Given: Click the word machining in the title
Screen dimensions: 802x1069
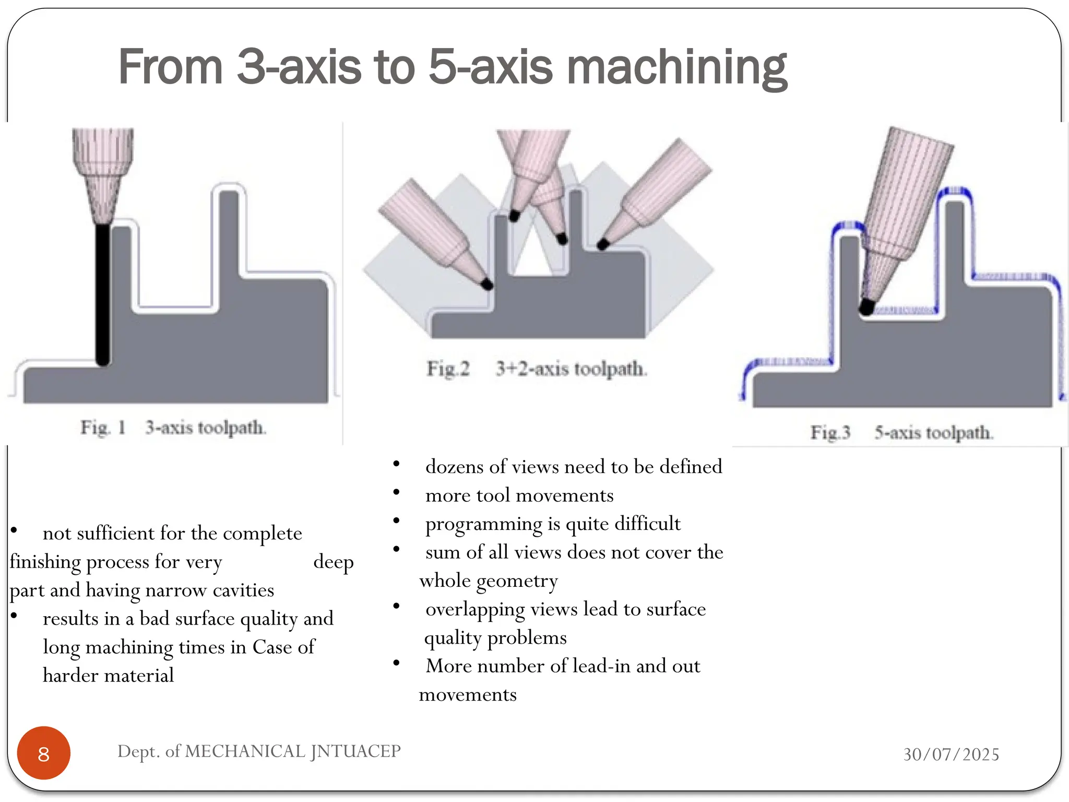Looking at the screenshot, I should click(x=676, y=68).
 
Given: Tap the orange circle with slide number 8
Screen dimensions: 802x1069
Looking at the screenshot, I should click(x=44, y=753).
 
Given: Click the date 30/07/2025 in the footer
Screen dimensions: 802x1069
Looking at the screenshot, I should click(x=951, y=754).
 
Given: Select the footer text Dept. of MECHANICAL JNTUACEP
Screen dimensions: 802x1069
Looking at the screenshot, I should click(x=259, y=751).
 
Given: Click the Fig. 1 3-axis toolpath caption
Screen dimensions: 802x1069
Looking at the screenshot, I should click(x=173, y=428).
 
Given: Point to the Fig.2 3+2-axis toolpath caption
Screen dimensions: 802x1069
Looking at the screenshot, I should click(x=537, y=369).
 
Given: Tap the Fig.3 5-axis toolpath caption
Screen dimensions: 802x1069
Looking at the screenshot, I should click(x=901, y=432).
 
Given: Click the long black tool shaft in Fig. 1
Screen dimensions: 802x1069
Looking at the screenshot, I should click(x=103, y=292).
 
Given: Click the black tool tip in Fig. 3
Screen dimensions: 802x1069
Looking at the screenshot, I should click(x=866, y=307).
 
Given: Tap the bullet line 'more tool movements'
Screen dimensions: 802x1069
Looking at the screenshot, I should click(x=519, y=495).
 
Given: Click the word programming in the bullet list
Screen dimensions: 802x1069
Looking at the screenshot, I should click(x=483, y=524).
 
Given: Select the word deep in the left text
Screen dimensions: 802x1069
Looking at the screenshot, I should click(x=333, y=562).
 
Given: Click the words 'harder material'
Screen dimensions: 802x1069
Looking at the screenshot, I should click(x=108, y=676).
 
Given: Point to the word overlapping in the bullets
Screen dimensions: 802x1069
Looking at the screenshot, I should click(x=475, y=609).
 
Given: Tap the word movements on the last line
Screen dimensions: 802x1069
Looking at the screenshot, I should click(x=468, y=695).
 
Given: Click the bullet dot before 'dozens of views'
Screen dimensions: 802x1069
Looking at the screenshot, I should click(x=397, y=463).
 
